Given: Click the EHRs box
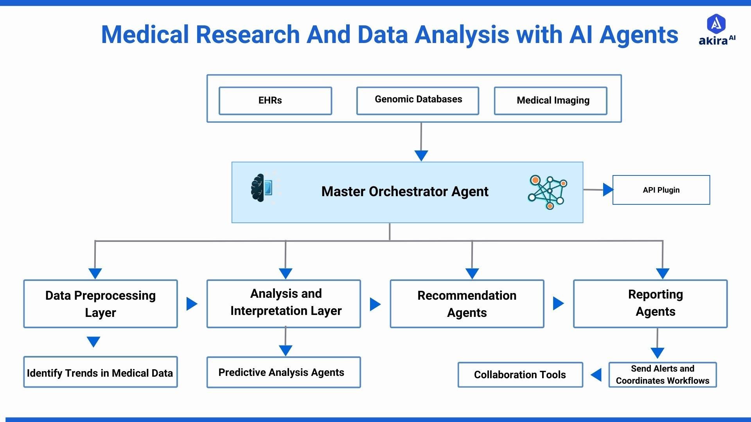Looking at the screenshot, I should click(x=275, y=101).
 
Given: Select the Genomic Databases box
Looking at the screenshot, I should click(x=417, y=101).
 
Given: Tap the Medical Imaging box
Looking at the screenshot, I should click(x=550, y=101).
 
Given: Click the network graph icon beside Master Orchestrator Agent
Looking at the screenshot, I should click(x=548, y=192).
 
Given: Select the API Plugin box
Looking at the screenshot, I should click(x=661, y=190).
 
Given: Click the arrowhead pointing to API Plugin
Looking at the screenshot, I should click(x=608, y=190).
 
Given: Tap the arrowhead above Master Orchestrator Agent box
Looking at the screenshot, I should click(x=421, y=156).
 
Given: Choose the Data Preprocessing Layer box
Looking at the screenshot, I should click(x=101, y=304).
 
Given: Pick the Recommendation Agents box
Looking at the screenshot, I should click(x=467, y=304).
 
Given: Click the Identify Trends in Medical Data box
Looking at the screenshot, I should click(x=101, y=372).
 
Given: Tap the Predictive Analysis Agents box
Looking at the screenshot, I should click(x=284, y=372).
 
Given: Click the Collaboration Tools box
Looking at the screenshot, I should click(x=520, y=375).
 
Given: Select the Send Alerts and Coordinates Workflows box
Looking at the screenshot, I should click(x=662, y=375).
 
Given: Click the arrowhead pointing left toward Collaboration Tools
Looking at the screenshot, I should click(x=596, y=375).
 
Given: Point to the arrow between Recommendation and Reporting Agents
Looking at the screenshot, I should click(x=558, y=303).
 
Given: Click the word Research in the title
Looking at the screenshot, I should click(x=248, y=34).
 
